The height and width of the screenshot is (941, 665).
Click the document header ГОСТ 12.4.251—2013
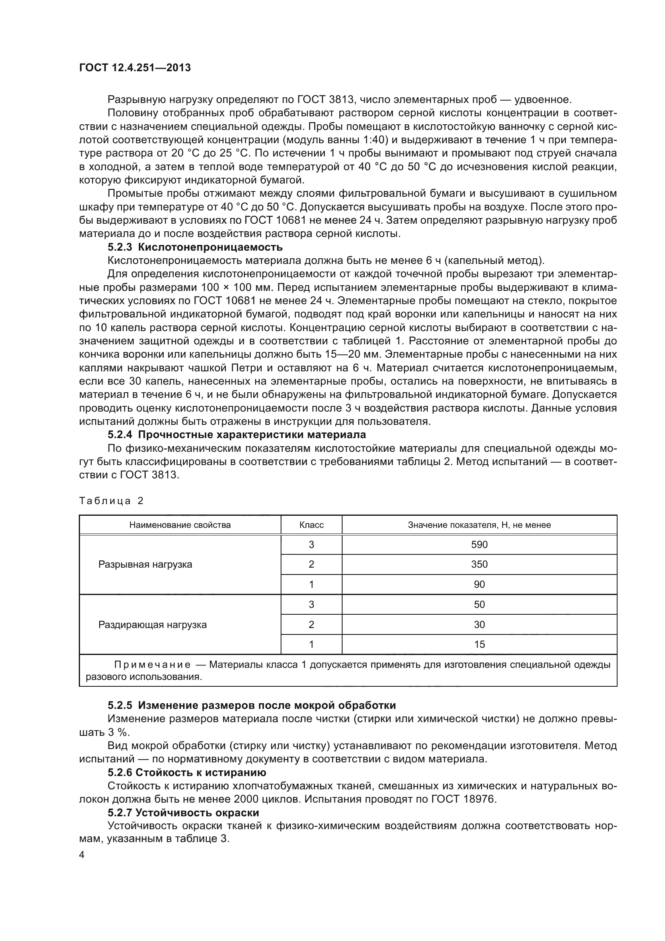tap(135, 68)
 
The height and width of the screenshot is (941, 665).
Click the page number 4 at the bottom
tap(82, 855)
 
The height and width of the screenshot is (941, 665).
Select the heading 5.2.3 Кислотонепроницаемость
tap(195, 247)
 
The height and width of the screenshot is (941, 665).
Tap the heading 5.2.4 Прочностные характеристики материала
tap(237, 434)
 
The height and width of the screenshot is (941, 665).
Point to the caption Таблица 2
tap(111, 501)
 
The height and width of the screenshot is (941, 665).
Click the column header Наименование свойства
tap(180, 525)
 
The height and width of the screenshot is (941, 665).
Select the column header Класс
tap(311, 525)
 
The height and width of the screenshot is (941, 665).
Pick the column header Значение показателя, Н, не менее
tap(479, 525)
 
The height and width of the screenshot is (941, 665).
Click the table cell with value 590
tap(479, 545)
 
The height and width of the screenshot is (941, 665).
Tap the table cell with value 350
tap(479, 564)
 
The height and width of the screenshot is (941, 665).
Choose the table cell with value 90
tap(479, 585)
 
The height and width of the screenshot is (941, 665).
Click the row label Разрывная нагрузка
tap(145, 564)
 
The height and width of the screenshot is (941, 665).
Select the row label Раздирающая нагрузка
tap(152, 625)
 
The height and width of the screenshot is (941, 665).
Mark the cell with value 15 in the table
tap(479, 644)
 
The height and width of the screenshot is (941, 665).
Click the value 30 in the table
tap(479, 625)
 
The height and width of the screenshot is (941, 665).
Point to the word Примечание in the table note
tap(152, 664)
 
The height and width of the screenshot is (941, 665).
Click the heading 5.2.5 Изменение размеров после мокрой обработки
tap(251, 705)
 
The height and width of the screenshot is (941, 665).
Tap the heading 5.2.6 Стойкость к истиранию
tap(187, 772)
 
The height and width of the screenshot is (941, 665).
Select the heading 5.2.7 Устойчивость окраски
tap(183, 813)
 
